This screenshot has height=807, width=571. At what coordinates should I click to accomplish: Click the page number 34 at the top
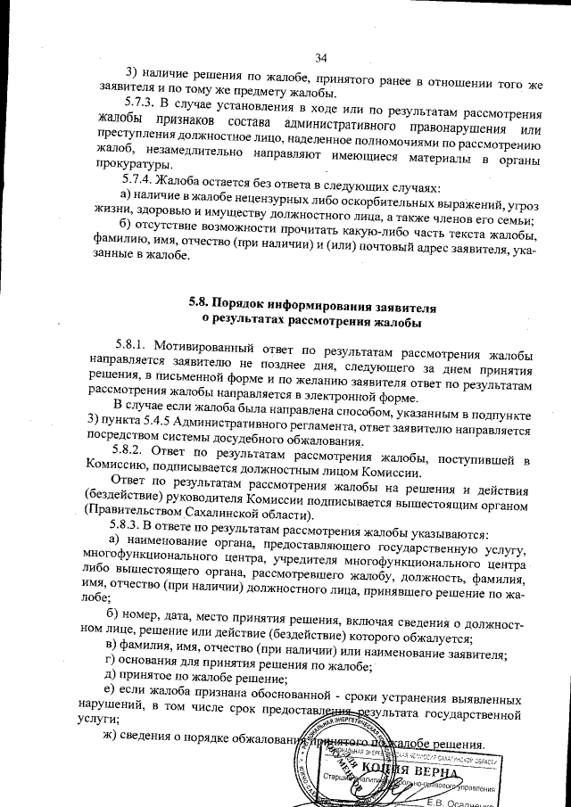322,59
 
